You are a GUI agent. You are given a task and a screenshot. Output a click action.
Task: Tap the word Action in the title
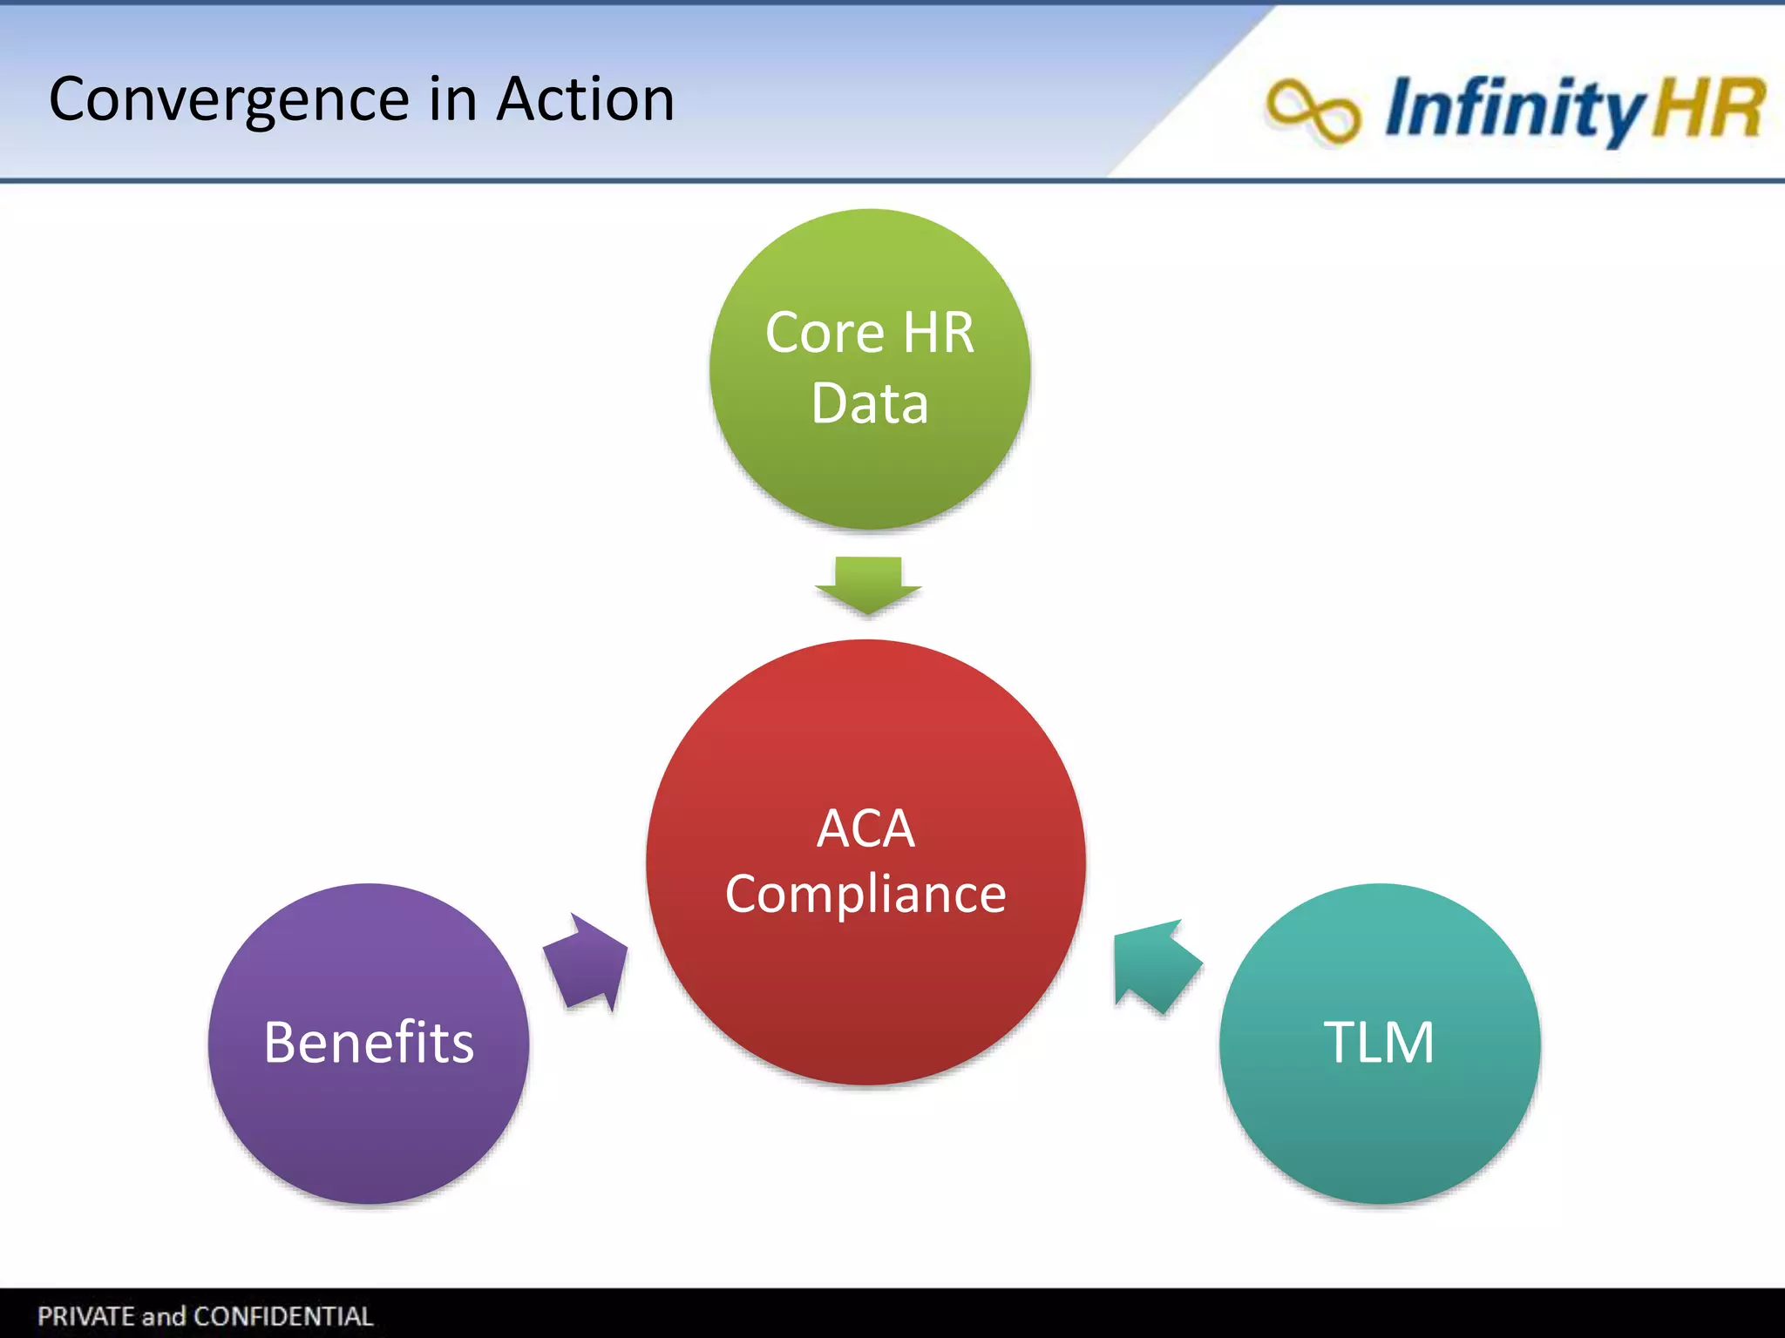[x=585, y=99]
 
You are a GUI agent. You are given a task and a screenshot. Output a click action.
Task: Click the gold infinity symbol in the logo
[x=1313, y=111]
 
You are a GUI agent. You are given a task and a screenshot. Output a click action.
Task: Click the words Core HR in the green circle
[x=869, y=333]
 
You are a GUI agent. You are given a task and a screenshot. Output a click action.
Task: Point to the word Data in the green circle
[x=869, y=403]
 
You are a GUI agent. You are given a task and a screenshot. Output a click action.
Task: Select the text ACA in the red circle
[x=865, y=828]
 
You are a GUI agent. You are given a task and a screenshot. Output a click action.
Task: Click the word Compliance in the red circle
[x=865, y=895]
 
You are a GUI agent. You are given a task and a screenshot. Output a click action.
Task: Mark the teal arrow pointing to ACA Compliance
[x=1154, y=967]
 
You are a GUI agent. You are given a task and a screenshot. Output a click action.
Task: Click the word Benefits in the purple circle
[x=369, y=1042]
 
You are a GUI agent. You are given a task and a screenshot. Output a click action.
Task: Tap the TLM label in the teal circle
[x=1379, y=1042]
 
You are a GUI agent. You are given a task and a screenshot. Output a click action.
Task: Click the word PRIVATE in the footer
[x=85, y=1316]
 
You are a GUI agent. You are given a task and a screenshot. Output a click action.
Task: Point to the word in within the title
[x=453, y=99]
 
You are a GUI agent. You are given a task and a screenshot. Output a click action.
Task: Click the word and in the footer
[x=164, y=1316]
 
